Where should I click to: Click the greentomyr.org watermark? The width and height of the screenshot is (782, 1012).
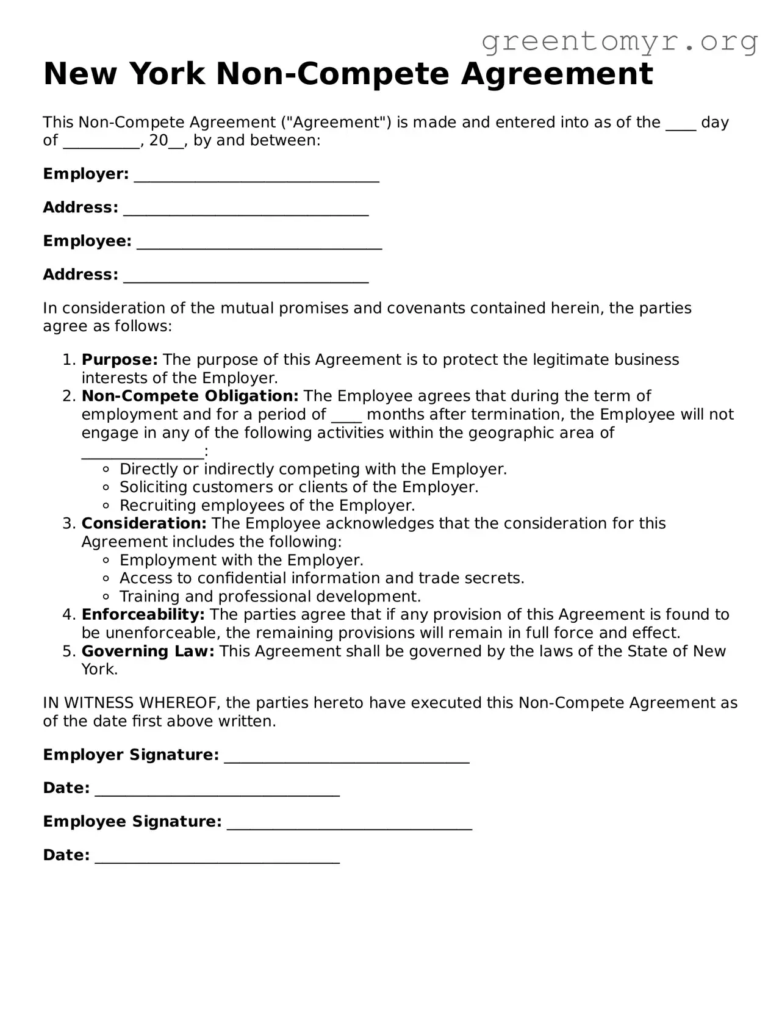coord(619,42)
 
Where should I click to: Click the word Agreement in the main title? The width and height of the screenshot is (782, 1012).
coord(556,74)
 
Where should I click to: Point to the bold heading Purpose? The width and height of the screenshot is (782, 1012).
coord(120,360)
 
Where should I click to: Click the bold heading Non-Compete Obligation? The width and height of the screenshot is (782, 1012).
coord(190,397)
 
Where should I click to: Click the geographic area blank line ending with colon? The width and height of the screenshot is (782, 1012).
coord(142,453)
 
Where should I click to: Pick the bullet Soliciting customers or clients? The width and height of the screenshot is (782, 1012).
coord(298,487)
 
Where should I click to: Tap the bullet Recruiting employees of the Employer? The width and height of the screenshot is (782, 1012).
coord(267,506)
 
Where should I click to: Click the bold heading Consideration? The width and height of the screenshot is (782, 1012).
coord(144,524)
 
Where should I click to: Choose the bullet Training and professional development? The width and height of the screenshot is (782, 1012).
coord(270,597)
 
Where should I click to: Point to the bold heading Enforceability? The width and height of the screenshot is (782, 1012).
coord(143,615)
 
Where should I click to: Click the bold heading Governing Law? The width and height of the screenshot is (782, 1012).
coord(148,651)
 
